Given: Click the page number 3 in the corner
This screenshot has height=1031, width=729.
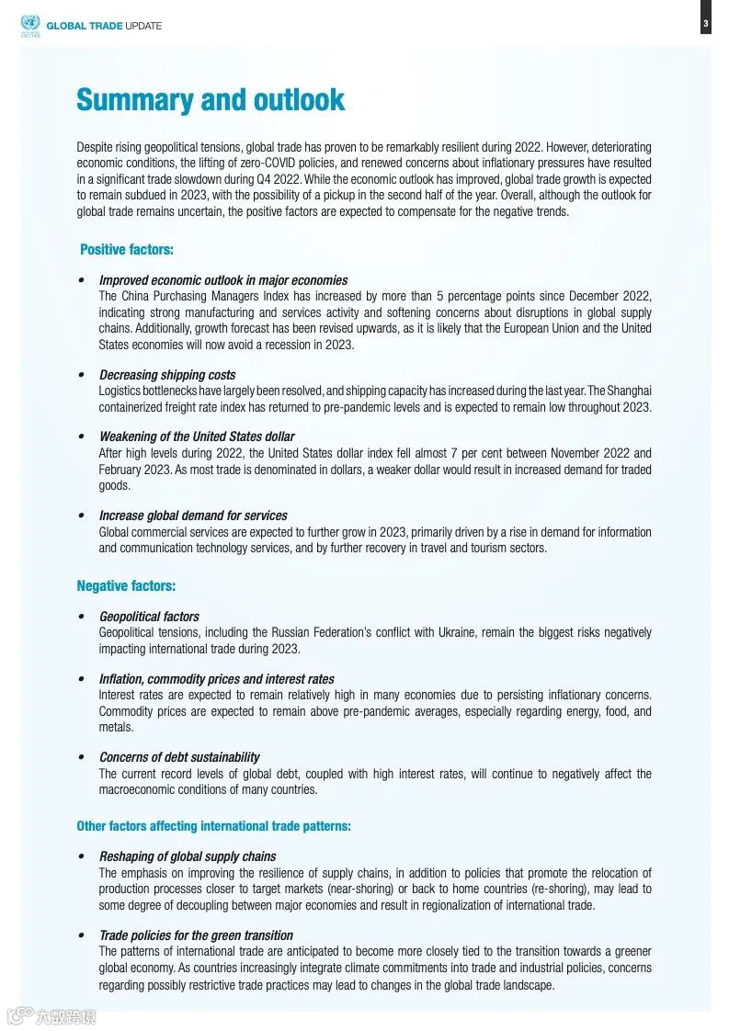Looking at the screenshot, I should [x=706, y=24].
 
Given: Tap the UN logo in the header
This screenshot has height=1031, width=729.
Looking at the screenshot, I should [x=29, y=25].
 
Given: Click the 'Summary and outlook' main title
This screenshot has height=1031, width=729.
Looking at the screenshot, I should [x=211, y=99].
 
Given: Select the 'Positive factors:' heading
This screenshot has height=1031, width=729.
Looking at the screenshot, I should [x=127, y=250].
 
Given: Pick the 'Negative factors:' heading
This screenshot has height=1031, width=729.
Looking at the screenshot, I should [x=126, y=585].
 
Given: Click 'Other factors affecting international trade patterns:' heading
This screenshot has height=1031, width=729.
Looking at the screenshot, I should [x=213, y=826].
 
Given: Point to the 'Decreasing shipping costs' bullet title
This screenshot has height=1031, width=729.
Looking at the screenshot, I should [x=167, y=375].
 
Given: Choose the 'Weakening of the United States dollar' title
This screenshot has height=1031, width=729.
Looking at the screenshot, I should [x=197, y=436].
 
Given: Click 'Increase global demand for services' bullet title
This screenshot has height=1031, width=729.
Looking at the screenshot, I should [x=193, y=515].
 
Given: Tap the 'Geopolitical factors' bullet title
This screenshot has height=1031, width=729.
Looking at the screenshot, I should [x=149, y=617].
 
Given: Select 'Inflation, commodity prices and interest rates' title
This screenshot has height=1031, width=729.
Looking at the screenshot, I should [x=217, y=679].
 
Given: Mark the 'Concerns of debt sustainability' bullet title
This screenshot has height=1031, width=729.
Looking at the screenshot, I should [x=179, y=757].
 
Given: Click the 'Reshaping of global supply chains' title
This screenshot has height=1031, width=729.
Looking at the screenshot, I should [x=188, y=856].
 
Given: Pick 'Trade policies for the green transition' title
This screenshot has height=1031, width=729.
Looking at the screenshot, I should [x=196, y=935].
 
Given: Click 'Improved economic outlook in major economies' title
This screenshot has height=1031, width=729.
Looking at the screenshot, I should [x=223, y=280].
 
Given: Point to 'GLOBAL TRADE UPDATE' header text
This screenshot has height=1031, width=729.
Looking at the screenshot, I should [x=104, y=26].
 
